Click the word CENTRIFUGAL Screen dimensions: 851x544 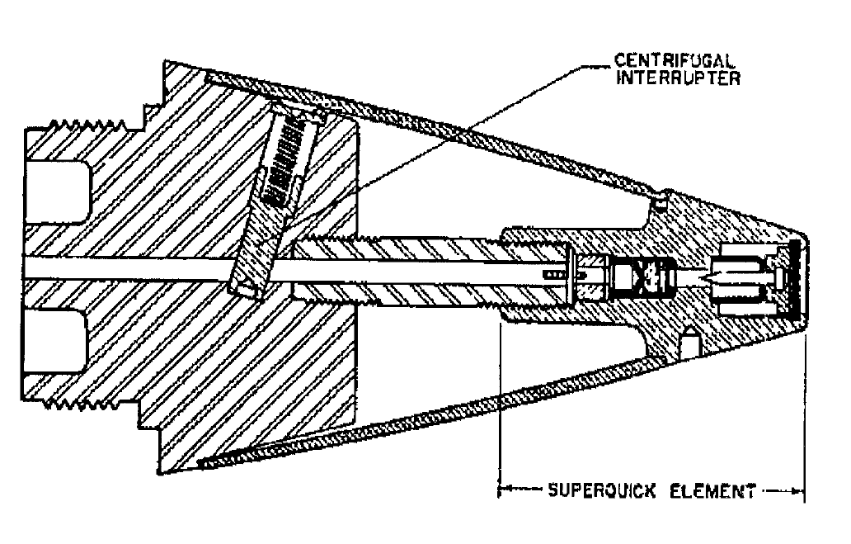tap(675, 60)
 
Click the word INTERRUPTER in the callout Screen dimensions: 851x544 tap(678, 78)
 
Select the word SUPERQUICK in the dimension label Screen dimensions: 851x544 tap(601, 490)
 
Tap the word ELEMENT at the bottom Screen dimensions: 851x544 tap(712, 491)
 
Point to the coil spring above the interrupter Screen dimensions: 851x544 tap(284, 162)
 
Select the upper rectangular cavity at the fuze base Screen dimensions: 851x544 tap(56, 192)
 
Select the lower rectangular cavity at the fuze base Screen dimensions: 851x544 tap(54, 341)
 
